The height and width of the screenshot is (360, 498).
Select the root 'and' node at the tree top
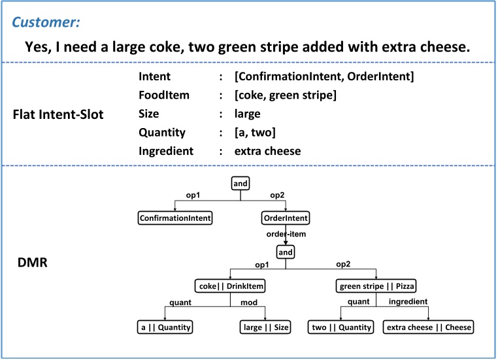tap(241, 184)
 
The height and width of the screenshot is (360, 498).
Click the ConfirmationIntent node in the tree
tap(174, 217)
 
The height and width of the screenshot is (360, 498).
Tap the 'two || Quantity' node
tap(340, 327)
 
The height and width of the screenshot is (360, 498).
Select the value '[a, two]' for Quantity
tap(257, 133)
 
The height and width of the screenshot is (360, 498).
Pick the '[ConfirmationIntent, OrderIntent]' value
tap(324, 77)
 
